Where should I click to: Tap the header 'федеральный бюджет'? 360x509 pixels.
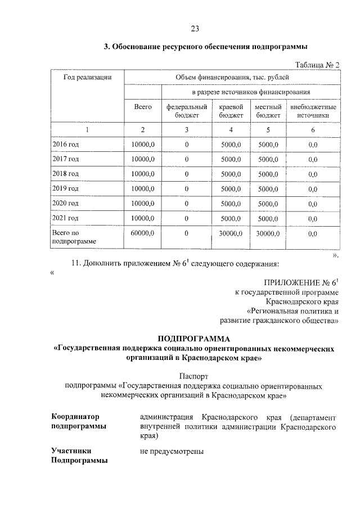[x=187, y=111]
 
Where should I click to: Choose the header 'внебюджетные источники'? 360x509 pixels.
[x=313, y=111]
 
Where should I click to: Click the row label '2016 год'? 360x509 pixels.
[x=65, y=145]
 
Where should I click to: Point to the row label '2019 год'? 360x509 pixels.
[x=65, y=188]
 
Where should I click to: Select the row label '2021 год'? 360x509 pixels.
[x=65, y=218]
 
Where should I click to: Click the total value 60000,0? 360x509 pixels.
[x=143, y=232]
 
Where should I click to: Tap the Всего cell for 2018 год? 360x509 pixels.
[x=143, y=174]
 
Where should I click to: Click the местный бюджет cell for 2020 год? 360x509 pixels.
[x=268, y=203]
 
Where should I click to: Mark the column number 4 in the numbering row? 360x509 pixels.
[x=231, y=130]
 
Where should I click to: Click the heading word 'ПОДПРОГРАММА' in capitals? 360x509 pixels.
[x=194, y=339]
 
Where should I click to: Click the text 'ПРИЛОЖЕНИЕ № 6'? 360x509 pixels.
[x=299, y=282]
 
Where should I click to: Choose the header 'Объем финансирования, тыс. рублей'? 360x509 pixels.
[x=232, y=77]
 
